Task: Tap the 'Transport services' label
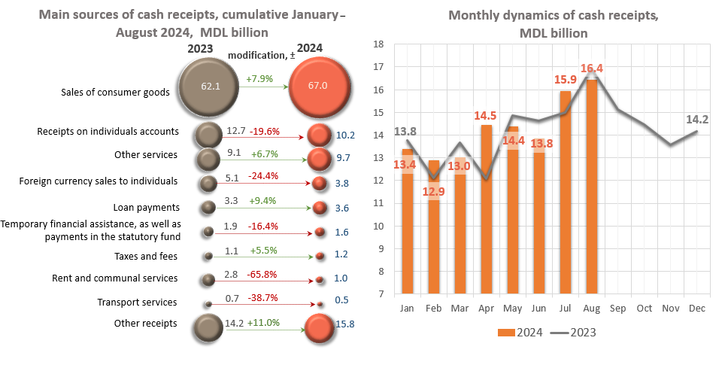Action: pyautogui.click(x=138, y=303)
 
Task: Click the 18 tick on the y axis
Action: pyautogui.click(x=379, y=44)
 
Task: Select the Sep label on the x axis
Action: pyautogui.click(x=617, y=309)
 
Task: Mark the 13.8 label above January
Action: pyautogui.click(x=406, y=131)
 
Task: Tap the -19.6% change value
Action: pyautogui.click(x=265, y=131)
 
